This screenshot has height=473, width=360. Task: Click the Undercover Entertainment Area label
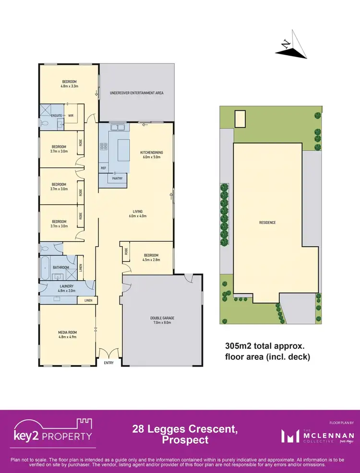[x=136, y=93]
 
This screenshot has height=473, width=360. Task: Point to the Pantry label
[x=117, y=178]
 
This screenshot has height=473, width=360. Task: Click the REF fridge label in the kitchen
[x=103, y=168]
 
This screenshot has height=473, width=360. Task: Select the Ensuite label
[x=56, y=116]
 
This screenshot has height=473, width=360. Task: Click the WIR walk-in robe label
[x=70, y=116]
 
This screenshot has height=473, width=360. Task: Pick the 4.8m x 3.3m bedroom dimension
[x=69, y=86]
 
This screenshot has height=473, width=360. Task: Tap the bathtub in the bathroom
[x=45, y=267]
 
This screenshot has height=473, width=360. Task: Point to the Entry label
[x=109, y=363]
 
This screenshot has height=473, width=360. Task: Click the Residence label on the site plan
[x=268, y=223]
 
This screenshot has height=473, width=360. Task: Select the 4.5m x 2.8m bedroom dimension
[x=151, y=260]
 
